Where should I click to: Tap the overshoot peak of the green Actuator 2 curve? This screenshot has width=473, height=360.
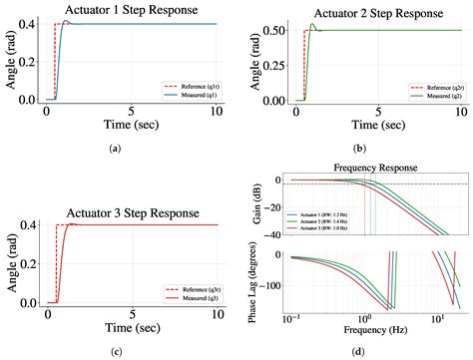point(313,24)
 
